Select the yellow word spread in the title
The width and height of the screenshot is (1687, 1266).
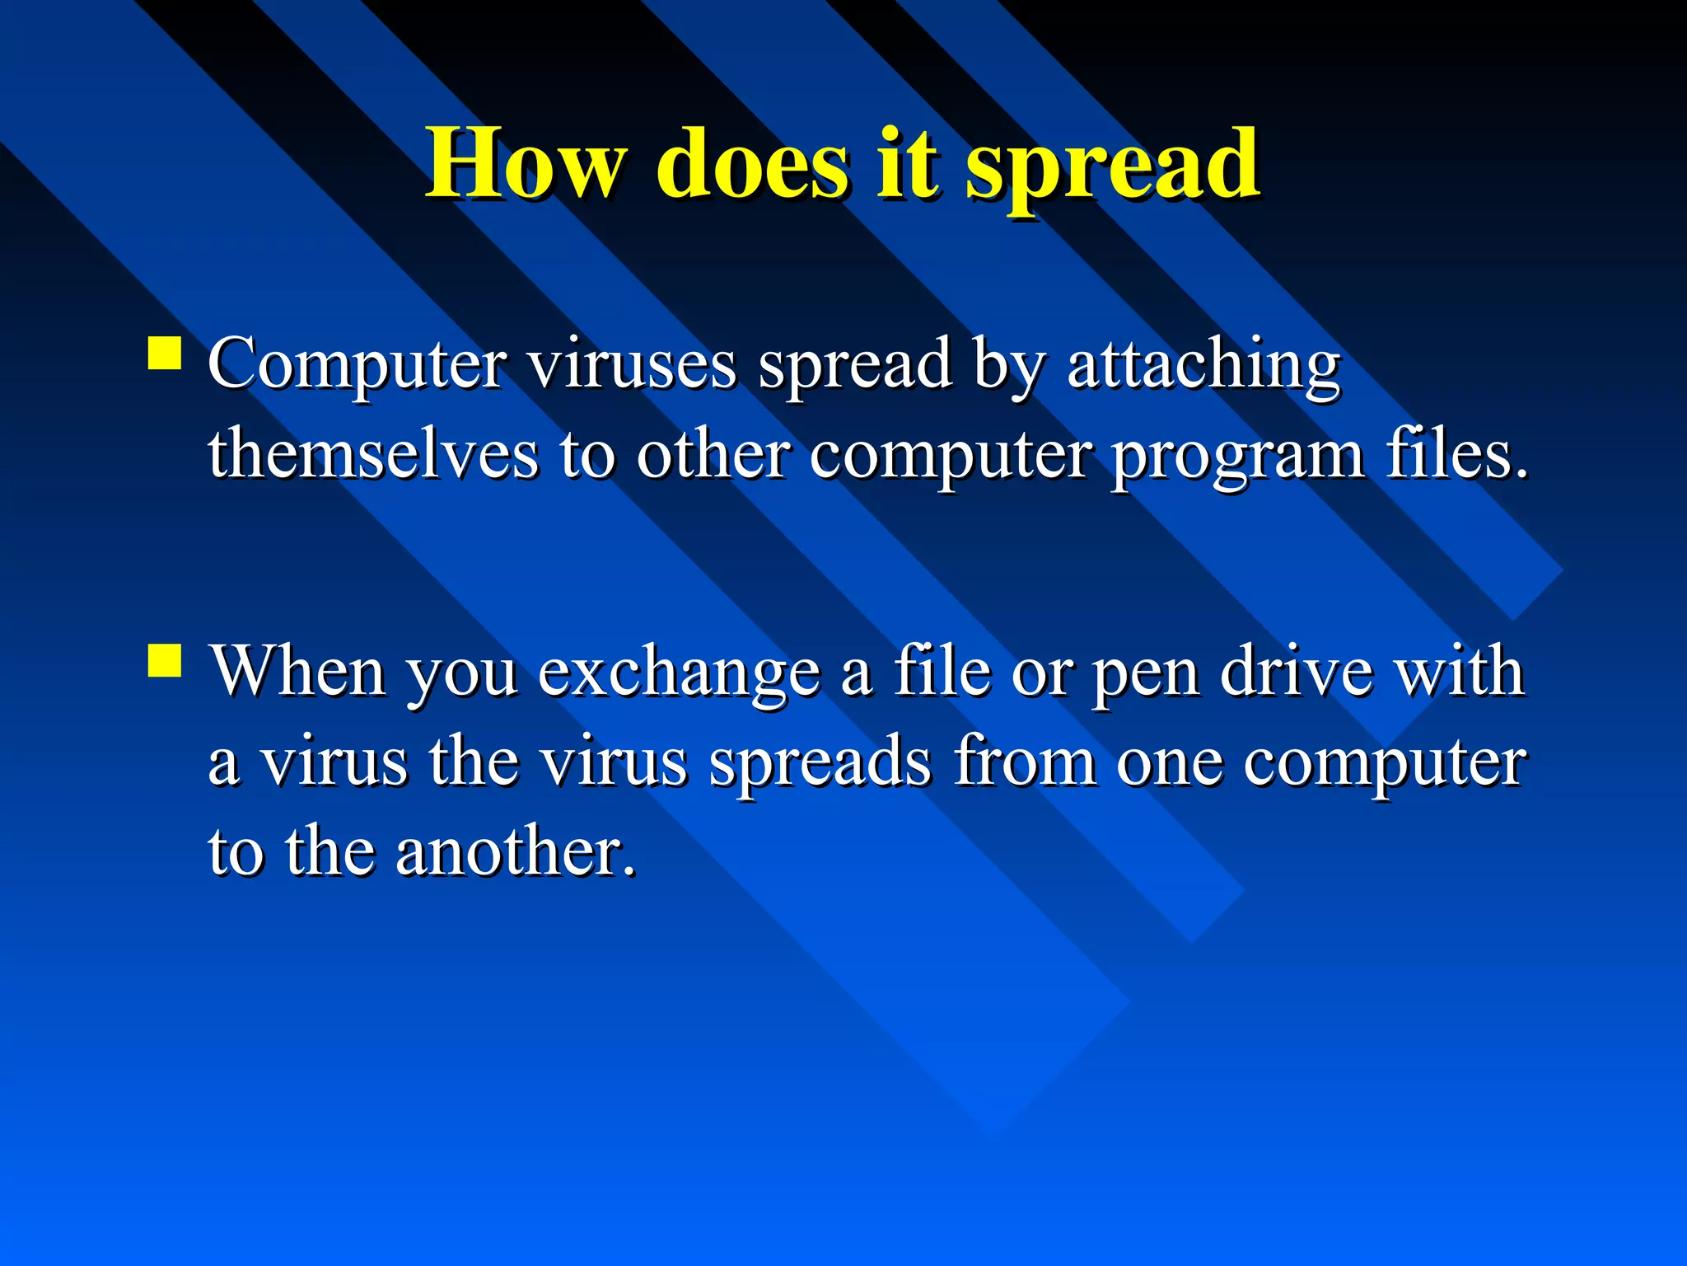pos(1112,169)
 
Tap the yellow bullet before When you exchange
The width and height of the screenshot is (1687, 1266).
pos(165,660)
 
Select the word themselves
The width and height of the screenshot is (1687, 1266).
pos(373,454)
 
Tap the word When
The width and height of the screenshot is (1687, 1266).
pos(298,672)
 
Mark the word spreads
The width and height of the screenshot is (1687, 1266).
pos(820,765)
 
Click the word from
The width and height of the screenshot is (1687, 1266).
pos(1026,762)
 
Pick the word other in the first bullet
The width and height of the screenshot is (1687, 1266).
pos(713,454)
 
